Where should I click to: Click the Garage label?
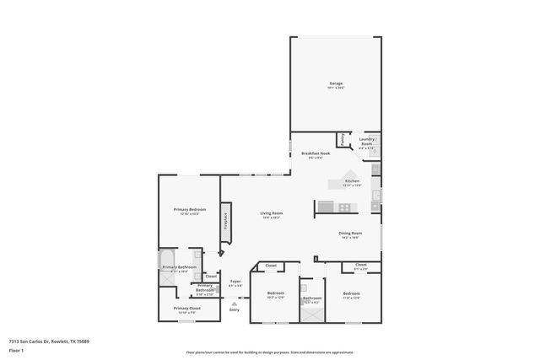pos(335,84)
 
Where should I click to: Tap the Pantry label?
pos(342,139)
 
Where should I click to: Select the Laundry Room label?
pos(366,141)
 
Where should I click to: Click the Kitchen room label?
pos(352,181)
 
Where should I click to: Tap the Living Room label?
pos(271,213)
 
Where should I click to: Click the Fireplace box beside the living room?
pos(226,220)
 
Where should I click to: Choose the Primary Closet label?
pos(186,309)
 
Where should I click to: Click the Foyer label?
pos(235,282)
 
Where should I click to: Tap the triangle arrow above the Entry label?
pos(235,304)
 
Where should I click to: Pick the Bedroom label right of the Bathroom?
pos(351,293)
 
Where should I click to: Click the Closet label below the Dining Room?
pos(360,265)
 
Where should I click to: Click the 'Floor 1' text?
pos(15,349)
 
